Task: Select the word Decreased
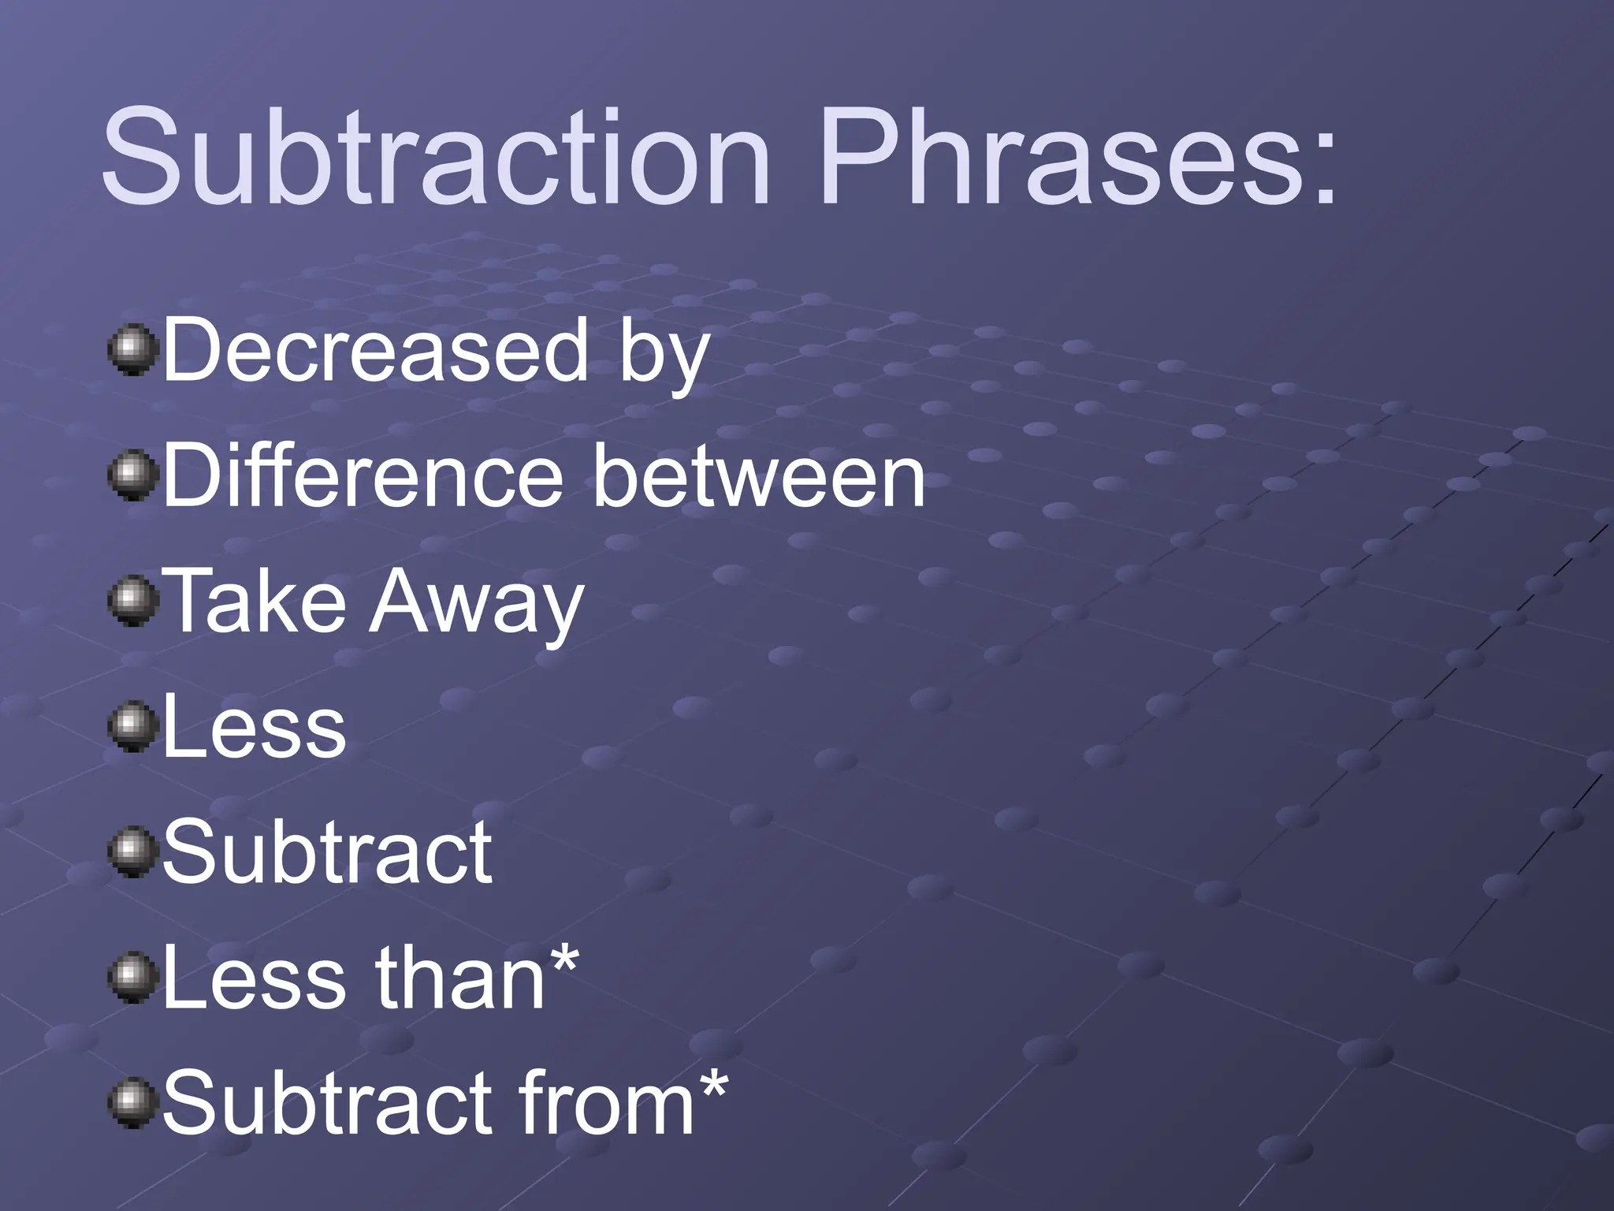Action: (375, 351)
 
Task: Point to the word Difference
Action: (363, 476)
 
